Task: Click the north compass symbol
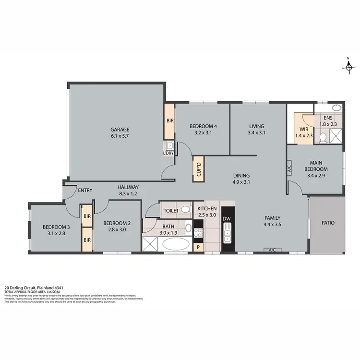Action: tap(348, 67)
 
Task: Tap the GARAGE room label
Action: tap(120, 129)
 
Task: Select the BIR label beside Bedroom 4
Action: tap(169, 121)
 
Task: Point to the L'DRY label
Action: tap(169, 153)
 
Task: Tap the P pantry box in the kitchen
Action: tap(198, 247)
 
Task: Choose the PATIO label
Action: tap(327, 223)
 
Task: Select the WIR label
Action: tap(304, 130)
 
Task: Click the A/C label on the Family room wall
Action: tap(272, 250)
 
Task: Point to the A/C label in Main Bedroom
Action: tap(289, 169)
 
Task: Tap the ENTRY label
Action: tap(85, 190)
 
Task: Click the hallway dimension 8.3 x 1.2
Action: tap(128, 194)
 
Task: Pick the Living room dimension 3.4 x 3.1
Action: tap(256, 133)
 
